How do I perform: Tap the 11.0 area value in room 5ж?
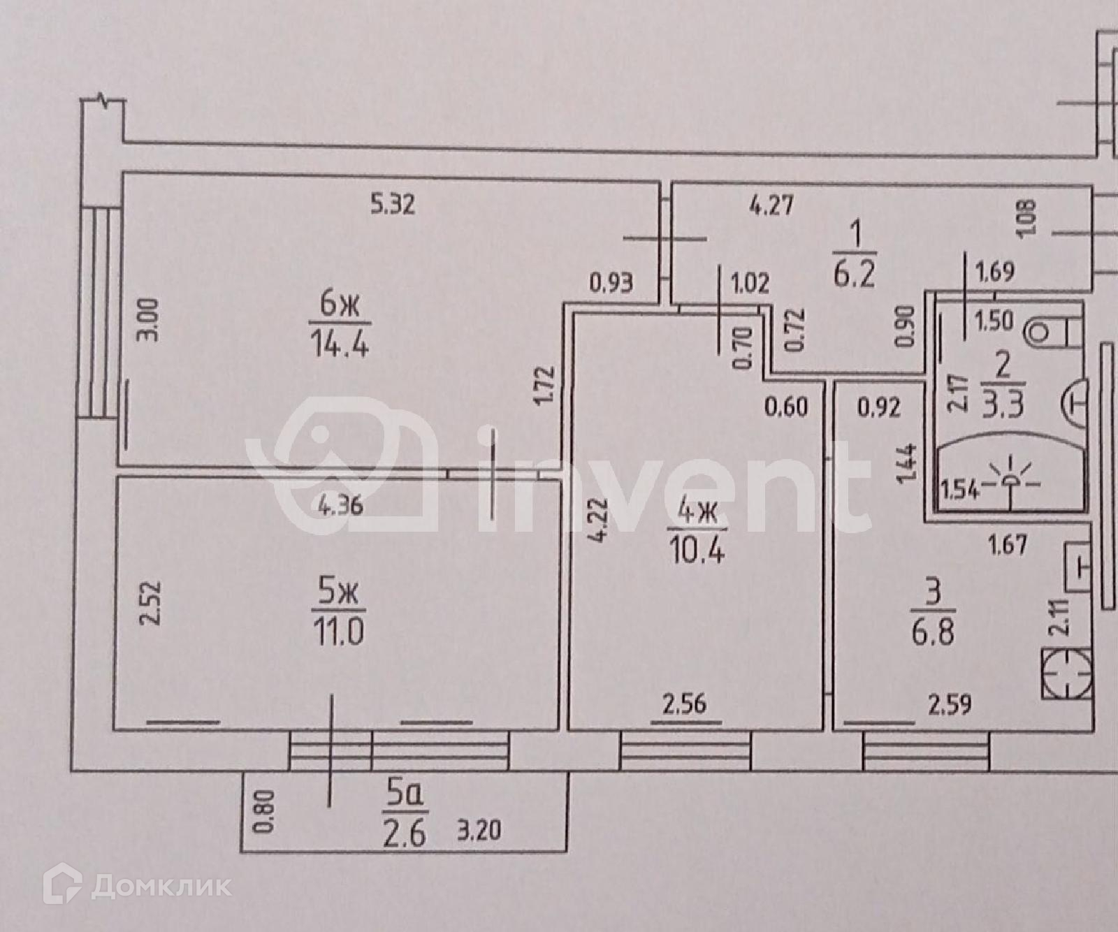click(339, 633)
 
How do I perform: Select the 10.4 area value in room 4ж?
click(697, 551)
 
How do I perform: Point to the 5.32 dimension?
click(393, 205)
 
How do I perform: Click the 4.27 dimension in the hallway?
click(772, 207)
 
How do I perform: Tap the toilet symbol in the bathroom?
click(1053, 331)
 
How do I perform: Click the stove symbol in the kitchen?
click(1066, 673)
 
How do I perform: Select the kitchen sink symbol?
click(1076, 567)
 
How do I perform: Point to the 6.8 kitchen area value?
click(933, 634)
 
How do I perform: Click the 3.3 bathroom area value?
click(1003, 405)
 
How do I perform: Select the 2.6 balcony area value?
click(405, 834)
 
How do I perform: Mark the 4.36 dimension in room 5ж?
click(340, 505)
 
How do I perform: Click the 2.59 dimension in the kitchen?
click(950, 704)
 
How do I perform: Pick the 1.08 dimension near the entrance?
click(1029, 217)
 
